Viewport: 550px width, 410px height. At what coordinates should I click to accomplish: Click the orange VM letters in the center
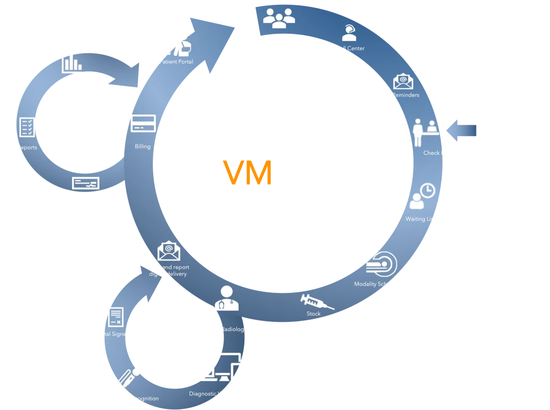pos(248,172)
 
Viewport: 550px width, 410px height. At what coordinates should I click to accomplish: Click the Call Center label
pos(350,48)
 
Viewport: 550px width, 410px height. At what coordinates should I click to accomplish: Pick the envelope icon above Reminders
pos(403,81)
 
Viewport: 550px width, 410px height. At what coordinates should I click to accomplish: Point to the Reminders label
pos(406,95)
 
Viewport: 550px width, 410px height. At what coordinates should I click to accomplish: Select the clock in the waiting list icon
pos(428,190)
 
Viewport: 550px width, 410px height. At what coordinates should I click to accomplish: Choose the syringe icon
pos(316,301)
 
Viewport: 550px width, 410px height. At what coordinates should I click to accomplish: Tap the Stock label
pos(314,314)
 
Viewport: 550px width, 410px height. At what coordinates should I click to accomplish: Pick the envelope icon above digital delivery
pos(168,251)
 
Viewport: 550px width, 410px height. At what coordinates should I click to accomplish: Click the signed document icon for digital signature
pos(116,317)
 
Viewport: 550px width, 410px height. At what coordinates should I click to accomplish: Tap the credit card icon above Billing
pos(143,124)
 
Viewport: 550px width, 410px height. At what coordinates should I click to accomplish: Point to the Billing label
pos(143,146)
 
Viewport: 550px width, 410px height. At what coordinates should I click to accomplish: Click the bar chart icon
pos(71,63)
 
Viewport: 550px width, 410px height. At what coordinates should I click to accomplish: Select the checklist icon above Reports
pos(27,127)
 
